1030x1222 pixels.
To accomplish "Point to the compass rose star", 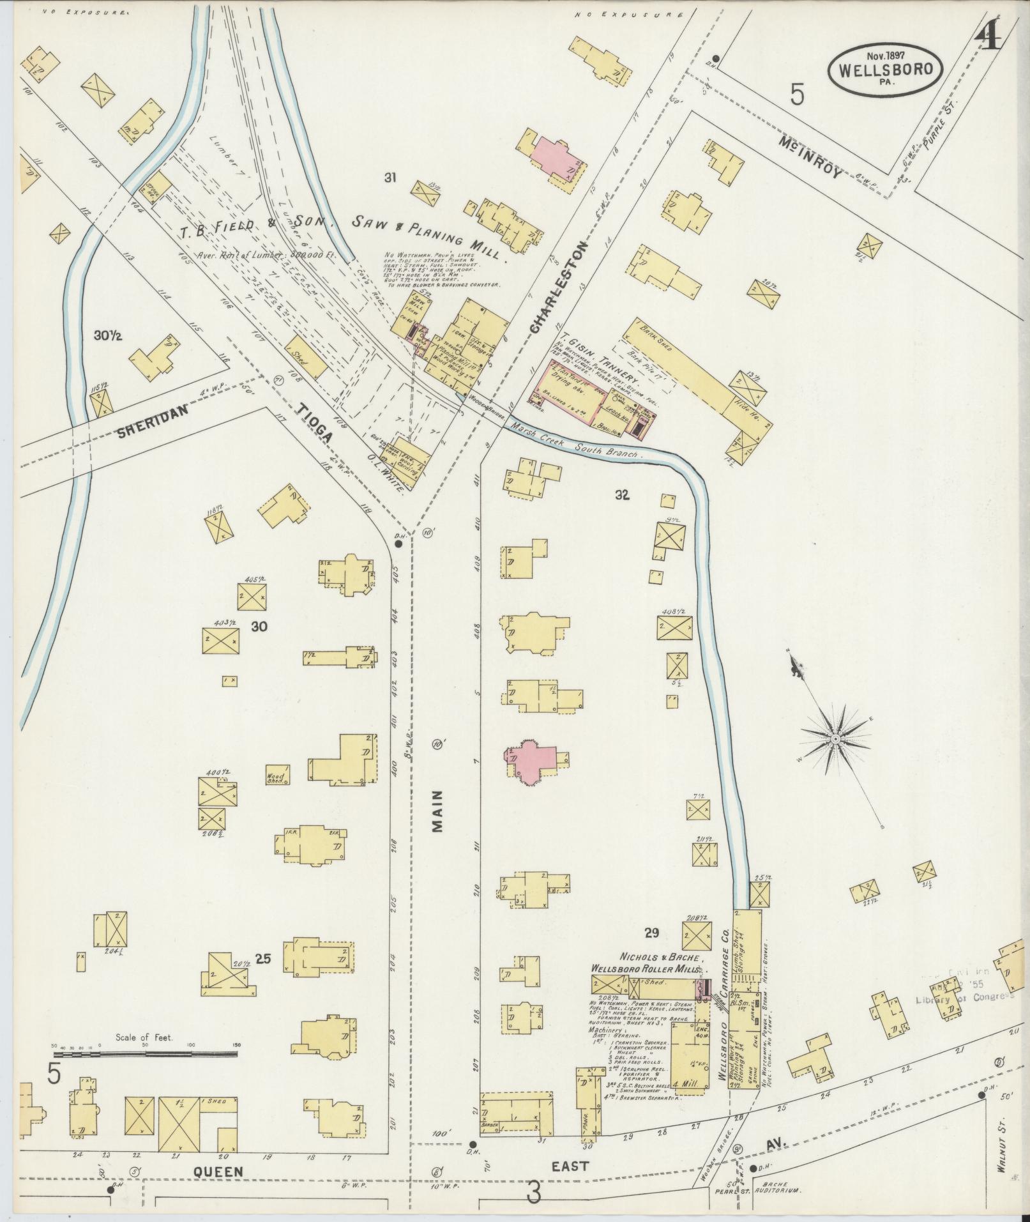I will tap(834, 739).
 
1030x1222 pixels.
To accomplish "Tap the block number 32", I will tap(623, 494).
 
